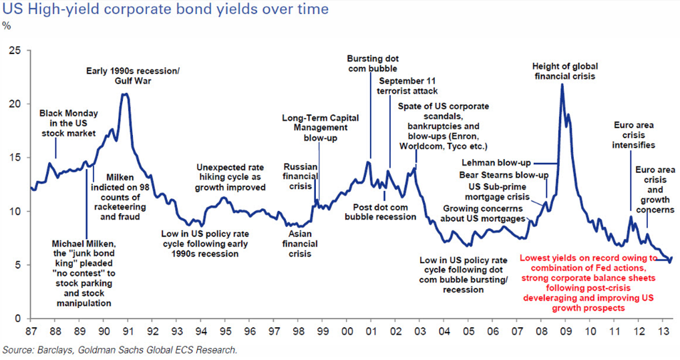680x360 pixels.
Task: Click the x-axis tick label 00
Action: tap(347, 331)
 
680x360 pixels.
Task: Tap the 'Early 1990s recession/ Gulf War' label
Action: tap(134, 75)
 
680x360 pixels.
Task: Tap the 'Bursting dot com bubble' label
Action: tap(372, 63)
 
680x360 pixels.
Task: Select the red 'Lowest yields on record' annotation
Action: tap(588, 283)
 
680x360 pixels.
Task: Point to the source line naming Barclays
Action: tap(120, 349)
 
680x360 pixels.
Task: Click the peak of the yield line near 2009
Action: tap(562, 85)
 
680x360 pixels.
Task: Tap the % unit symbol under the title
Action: tap(7, 26)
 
